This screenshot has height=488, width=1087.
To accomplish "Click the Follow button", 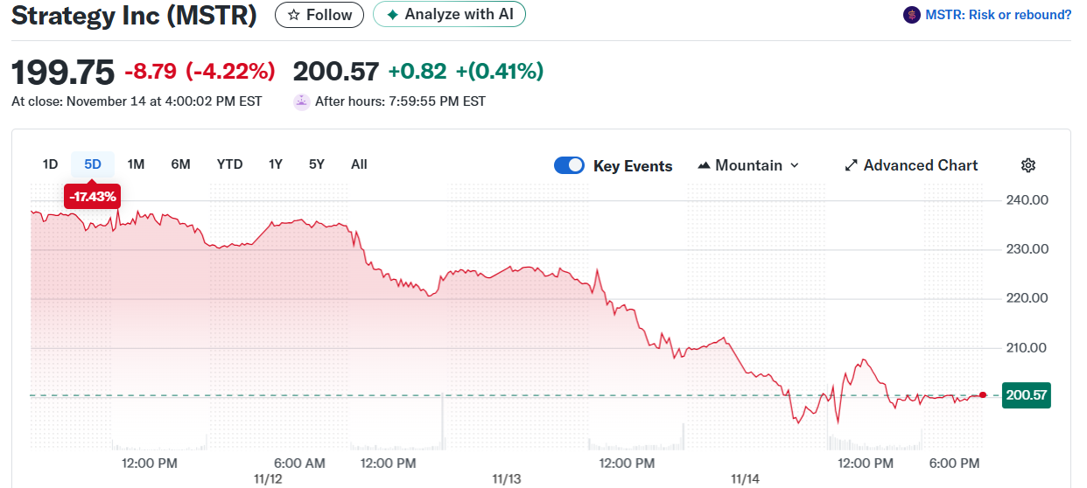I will pos(319,15).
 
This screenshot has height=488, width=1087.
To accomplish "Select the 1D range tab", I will pos(50,164).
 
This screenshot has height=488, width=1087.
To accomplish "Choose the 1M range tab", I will pos(136,164).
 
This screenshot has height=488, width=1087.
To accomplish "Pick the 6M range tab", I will pos(180,164).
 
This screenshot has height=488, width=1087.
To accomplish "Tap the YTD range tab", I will pos(229,164).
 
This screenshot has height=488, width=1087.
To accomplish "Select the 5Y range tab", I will pos(316,164).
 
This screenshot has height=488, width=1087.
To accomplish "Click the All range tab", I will pos(359,164).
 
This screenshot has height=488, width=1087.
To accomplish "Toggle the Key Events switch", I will pos(569,165).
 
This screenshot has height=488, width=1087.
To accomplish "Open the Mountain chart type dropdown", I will pos(748,165).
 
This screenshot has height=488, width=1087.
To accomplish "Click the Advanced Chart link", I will pos(911,165).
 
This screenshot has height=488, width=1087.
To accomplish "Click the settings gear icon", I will pos(1028,165).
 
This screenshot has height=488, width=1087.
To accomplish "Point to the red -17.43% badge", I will pos(92,197).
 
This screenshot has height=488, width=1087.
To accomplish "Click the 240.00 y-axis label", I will pos(1027,200).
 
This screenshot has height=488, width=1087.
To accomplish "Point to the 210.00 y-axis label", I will pos(1027,348).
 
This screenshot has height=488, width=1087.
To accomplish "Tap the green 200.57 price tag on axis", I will pos(1027,395).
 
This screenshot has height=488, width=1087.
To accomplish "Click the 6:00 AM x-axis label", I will pos(299,463).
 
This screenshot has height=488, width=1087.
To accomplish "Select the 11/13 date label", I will pos(506,479).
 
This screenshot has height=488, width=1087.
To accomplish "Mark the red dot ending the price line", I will pos(983,395).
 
